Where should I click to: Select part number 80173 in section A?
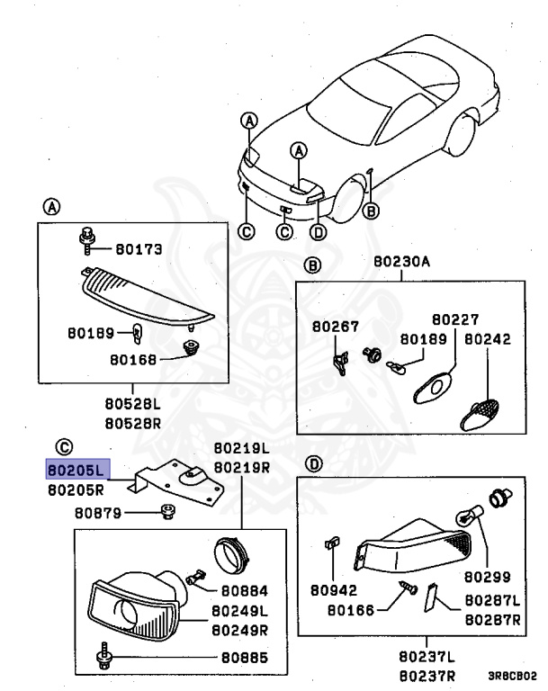138,250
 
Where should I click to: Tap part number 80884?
242,591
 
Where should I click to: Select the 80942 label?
335,591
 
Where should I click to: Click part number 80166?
356,609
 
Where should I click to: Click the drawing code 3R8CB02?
512,673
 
